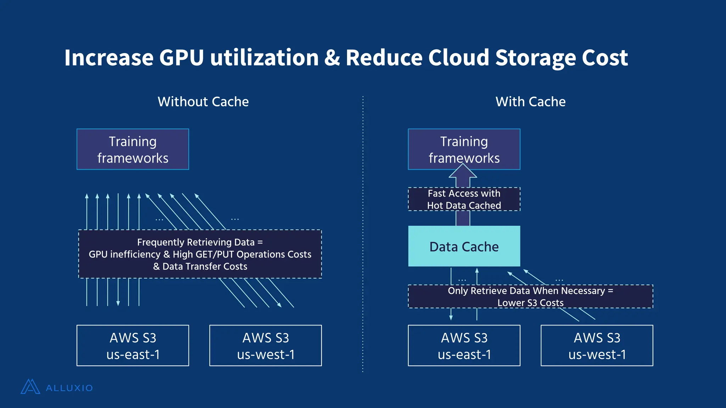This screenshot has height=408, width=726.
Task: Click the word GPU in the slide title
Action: [x=181, y=58]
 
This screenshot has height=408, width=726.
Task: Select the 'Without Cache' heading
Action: [x=203, y=102]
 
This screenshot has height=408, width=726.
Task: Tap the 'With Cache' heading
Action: [x=530, y=102]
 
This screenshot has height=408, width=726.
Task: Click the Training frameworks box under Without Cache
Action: [x=133, y=149]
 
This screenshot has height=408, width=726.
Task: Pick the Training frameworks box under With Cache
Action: [x=464, y=149]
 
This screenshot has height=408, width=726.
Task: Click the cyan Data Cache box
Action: [x=464, y=246]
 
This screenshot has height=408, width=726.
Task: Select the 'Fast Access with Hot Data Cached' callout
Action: [x=464, y=199]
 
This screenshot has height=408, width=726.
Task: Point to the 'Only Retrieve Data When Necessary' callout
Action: [x=530, y=296]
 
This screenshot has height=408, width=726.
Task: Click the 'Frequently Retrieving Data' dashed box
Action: [x=200, y=254]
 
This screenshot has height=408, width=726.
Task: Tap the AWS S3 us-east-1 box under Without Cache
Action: [x=133, y=345]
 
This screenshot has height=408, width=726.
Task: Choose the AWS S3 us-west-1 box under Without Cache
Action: [x=266, y=345]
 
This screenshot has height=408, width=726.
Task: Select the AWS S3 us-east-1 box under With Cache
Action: [x=464, y=345]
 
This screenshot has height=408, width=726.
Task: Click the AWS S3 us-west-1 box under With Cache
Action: [x=597, y=345]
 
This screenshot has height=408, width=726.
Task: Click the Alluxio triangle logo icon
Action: [x=30, y=387]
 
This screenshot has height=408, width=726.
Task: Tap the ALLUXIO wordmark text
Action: [x=69, y=388]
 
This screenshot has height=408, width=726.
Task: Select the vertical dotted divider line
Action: [x=363, y=234]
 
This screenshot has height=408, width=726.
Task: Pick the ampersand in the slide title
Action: [x=332, y=58]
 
